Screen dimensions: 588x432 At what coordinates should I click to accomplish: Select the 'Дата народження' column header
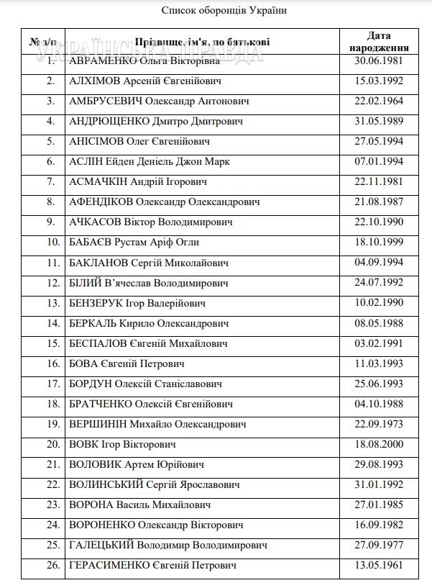point(379,42)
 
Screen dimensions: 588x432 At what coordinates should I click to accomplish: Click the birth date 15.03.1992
point(379,81)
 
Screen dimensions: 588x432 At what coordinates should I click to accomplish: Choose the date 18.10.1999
point(379,243)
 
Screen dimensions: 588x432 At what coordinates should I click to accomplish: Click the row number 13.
point(52,303)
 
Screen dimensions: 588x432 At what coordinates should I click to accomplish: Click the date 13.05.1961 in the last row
point(379,565)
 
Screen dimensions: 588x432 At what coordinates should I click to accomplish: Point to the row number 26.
point(52,566)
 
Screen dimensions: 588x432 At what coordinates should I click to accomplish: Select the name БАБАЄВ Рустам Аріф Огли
point(134,243)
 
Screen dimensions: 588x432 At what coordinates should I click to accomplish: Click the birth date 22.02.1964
point(379,101)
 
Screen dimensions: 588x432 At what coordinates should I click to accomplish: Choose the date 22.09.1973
point(379,424)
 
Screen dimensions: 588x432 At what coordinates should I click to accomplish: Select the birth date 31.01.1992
point(379,484)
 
